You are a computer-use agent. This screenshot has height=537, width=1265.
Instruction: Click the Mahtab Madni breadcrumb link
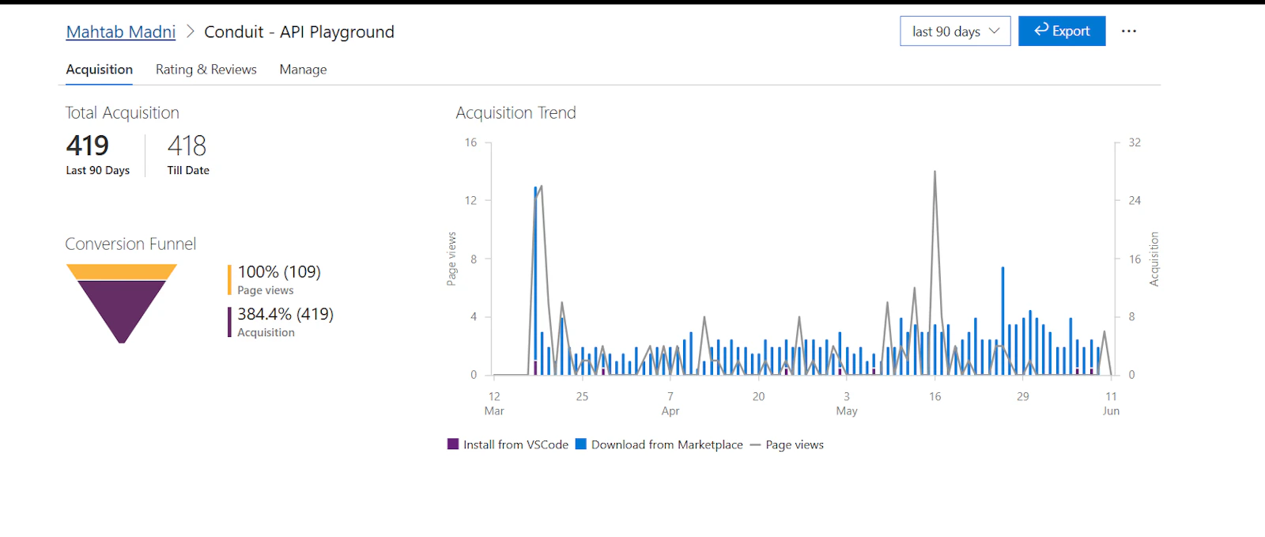coord(121,32)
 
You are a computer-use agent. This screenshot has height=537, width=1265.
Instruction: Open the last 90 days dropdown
coord(955,31)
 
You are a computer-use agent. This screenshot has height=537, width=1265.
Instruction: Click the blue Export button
coord(1062,31)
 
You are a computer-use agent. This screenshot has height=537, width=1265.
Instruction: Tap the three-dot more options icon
coord(1128,31)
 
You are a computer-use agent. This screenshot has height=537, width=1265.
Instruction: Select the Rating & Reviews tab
coord(206,70)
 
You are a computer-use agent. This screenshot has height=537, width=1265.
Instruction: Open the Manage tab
coord(304,70)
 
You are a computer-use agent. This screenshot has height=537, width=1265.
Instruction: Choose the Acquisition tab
coord(100,70)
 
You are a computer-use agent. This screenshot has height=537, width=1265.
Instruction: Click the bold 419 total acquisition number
coord(87,146)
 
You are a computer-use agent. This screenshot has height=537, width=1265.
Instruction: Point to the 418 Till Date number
coord(187,146)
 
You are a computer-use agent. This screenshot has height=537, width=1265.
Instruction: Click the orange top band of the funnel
coord(122,271)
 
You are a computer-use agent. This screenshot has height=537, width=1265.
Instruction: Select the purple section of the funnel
coord(122,305)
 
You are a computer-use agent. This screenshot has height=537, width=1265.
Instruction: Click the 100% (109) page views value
coord(279,272)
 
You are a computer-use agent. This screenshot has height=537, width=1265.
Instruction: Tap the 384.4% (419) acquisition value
coord(285,314)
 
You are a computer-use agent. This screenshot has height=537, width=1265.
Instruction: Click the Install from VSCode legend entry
coord(508,444)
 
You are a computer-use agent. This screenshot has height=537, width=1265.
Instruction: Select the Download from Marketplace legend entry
coord(659,444)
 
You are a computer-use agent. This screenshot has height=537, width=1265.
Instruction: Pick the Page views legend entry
coord(787,444)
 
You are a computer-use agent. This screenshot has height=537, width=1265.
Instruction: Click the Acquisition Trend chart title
coord(515,113)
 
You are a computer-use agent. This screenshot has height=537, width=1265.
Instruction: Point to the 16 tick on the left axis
coord(471,142)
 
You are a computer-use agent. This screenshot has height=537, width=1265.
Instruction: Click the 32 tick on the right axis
coord(1135,142)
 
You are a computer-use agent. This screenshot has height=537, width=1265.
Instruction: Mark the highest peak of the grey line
coord(935,172)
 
